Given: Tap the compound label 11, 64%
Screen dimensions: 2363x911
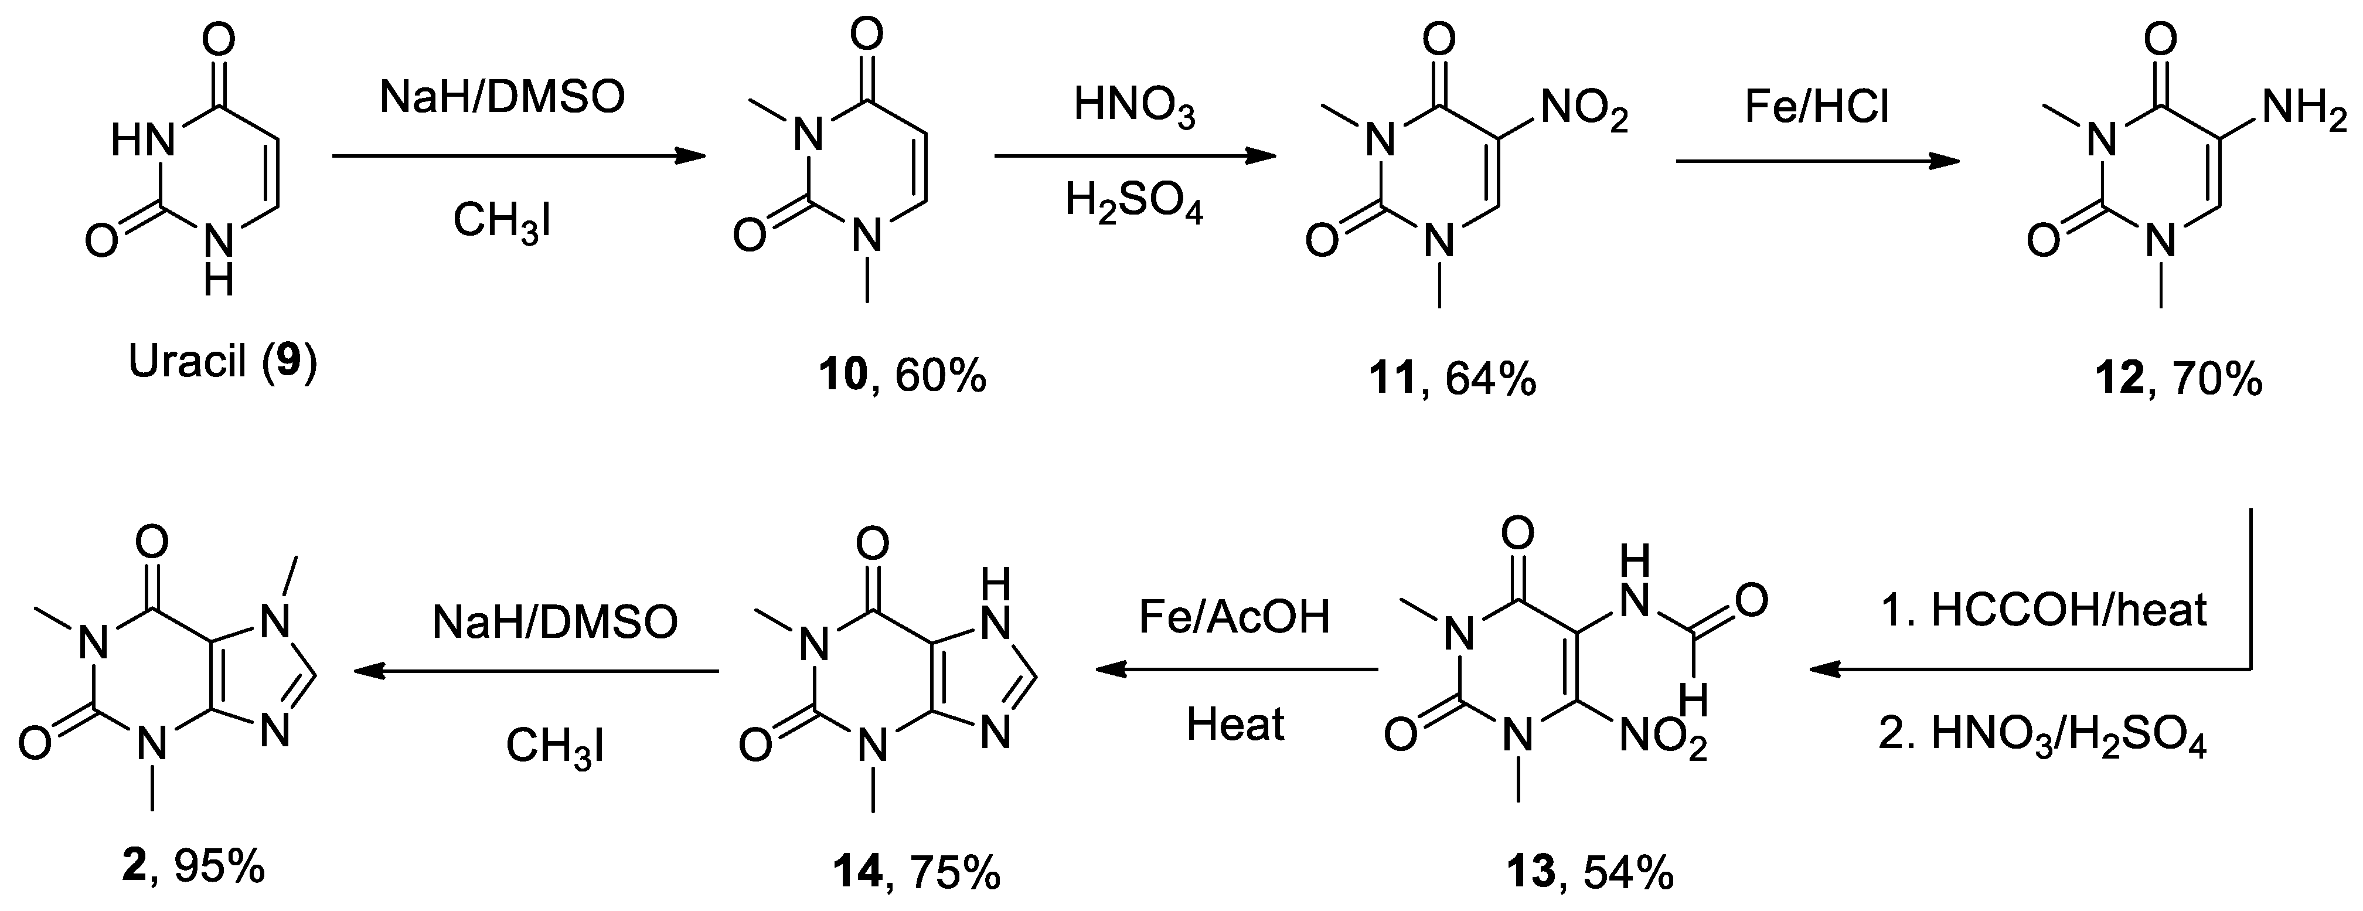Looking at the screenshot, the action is tap(1452, 378).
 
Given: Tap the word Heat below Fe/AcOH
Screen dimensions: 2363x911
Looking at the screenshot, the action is tap(1235, 724).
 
